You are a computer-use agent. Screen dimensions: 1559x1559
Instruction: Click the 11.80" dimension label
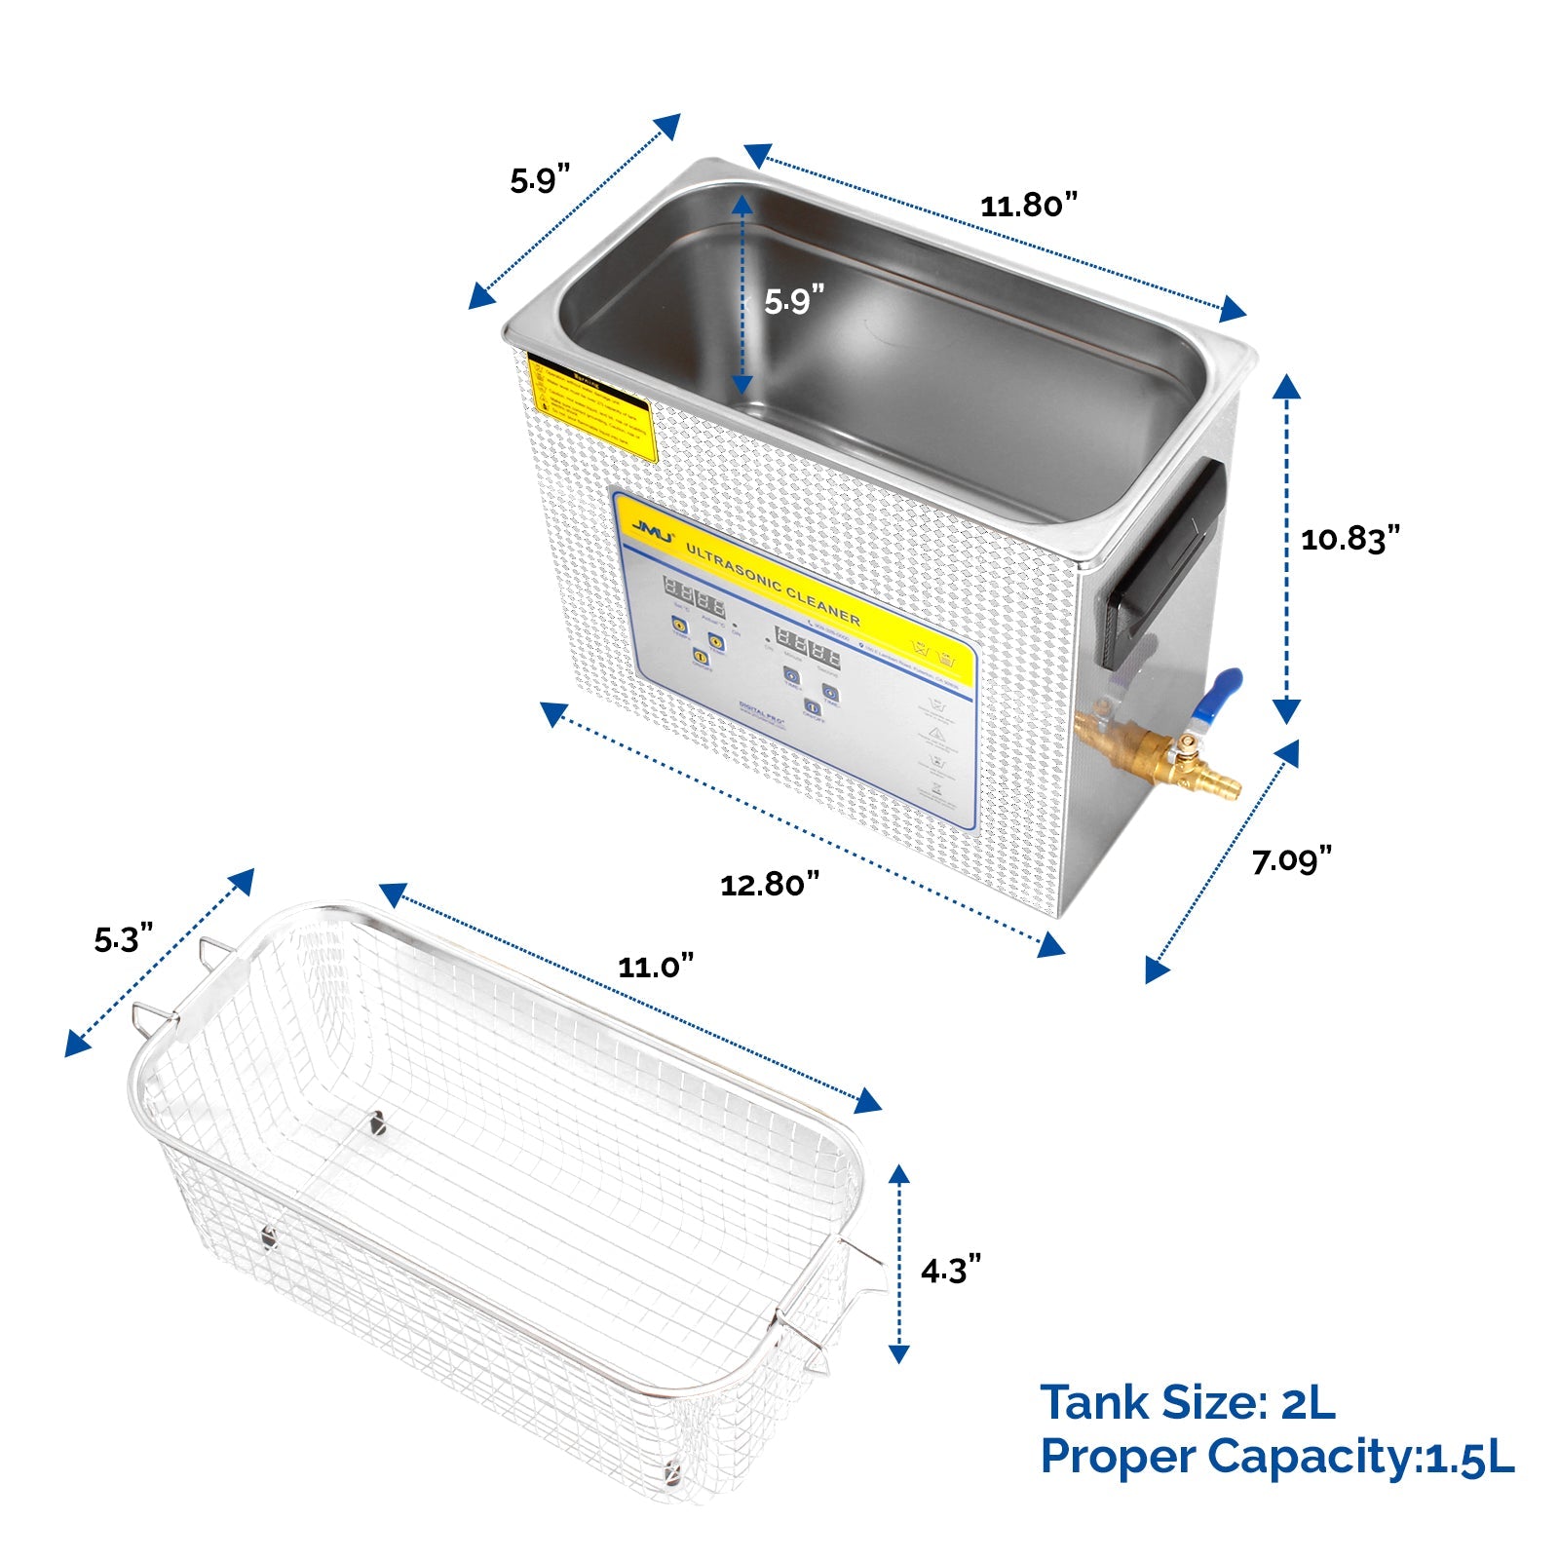(1029, 206)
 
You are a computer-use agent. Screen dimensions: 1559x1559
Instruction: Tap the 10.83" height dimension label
(1350, 538)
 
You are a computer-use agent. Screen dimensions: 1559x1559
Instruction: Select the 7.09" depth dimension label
(1291, 860)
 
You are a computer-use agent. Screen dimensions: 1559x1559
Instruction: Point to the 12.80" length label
(769, 884)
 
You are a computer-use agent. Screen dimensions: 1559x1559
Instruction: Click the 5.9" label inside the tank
(793, 301)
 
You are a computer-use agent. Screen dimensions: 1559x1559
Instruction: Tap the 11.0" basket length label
(656, 967)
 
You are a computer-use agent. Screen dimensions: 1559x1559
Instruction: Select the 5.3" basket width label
(124, 939)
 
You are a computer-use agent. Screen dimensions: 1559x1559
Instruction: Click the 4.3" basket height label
(950, 1270)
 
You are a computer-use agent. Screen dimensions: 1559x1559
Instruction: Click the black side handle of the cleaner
(1164, 565)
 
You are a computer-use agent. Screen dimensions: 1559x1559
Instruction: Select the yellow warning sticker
(590, 407)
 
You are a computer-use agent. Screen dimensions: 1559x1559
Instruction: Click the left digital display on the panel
(694, 594)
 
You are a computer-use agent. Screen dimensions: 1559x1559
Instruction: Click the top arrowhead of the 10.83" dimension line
(1286, 387)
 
